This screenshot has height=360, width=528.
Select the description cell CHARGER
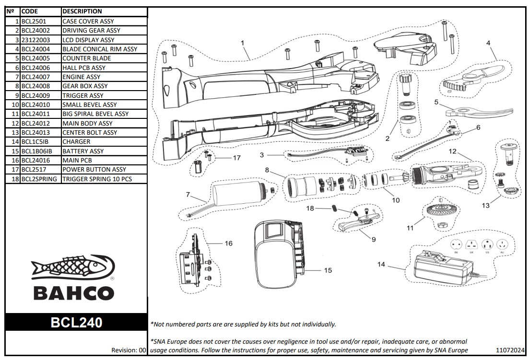point(76,142)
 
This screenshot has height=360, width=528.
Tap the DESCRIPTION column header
point(82,11)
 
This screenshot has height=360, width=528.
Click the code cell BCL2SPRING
point(39,179)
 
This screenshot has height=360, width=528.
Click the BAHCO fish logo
point(73,268)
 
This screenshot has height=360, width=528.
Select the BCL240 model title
point(76,323)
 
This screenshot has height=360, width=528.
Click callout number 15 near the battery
point(328,270)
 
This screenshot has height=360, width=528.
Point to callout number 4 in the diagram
point(488,43)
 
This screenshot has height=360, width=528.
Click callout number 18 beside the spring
point(310,208)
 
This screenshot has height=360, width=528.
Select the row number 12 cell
point(13,123)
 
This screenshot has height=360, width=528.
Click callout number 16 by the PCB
point(228,244)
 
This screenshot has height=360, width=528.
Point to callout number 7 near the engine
point(188,194)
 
